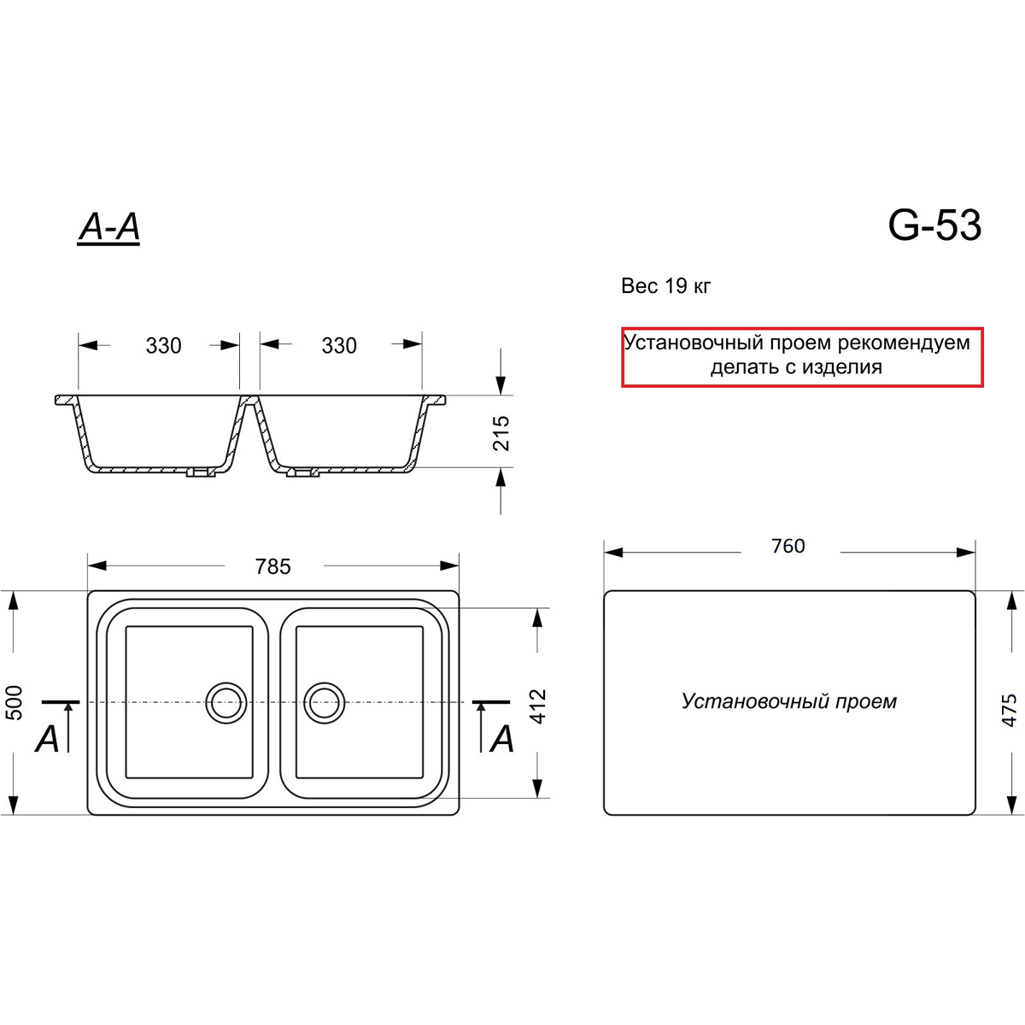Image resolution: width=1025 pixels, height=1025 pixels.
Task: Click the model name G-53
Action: tap(934, 225)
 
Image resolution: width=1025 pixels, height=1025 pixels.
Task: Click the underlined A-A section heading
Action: tap(108, 228)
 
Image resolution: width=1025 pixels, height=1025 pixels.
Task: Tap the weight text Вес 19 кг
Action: tap(665, 286)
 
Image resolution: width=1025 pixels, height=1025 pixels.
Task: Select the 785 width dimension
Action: tap(272, 566)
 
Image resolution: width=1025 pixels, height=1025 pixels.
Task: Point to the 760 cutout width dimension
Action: tap(788, 546)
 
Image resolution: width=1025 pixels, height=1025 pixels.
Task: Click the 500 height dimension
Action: tap(15, 703)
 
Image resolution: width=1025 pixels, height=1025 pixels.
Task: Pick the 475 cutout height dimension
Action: tap(1009, 710)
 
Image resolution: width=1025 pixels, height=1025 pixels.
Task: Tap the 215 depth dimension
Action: tap(501, 434)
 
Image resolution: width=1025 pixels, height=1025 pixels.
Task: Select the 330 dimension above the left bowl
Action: tap(164, 346)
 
